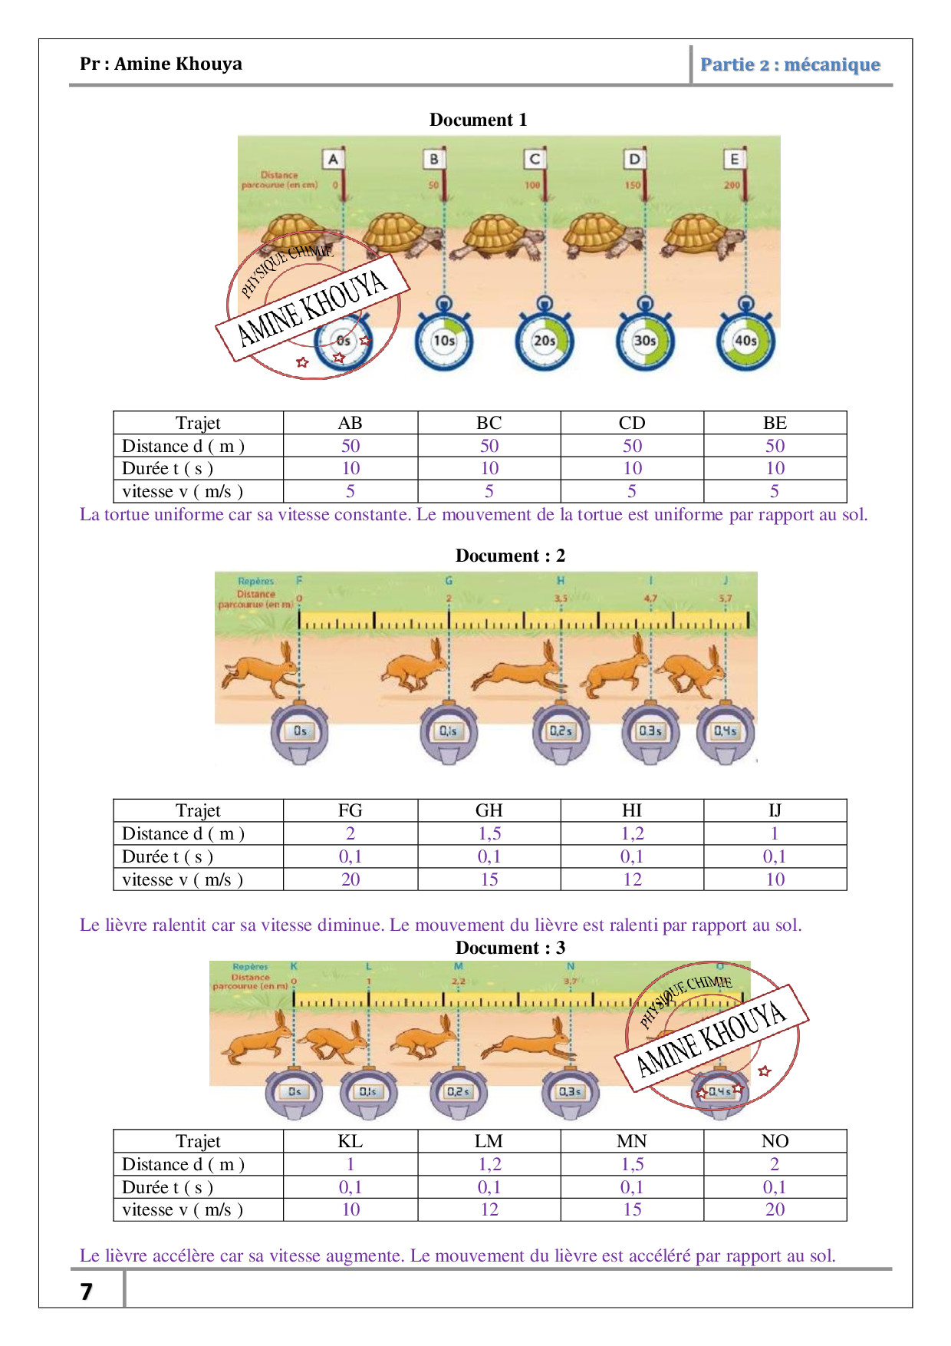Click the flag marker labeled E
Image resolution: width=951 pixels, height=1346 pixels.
coord(734,160)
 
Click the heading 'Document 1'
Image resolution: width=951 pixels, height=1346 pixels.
coord(478,120)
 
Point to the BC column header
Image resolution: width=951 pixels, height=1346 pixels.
coord(489,423)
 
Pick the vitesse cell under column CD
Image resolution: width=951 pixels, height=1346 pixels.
coord(632,491)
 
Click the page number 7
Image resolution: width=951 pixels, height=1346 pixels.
coord(87,1292)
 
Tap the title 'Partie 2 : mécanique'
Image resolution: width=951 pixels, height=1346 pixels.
coord(790,64)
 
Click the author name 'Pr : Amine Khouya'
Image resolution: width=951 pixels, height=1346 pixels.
coord(161,64)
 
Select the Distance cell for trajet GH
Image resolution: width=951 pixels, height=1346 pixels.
coord(489,833)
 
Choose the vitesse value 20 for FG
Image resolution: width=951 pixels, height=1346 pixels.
coord(350,879)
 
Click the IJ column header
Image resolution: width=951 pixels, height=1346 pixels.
coord(775,810)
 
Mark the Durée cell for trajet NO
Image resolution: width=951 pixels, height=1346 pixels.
coord(775,1187)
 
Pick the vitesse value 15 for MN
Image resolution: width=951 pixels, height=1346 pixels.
coord(632,1209)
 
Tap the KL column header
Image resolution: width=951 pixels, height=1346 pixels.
coord(350,1141)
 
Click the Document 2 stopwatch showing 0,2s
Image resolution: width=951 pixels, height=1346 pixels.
coord(561,732)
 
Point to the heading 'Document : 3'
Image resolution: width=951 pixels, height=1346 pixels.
coord(510,948)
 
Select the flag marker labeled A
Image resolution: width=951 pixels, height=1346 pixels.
coord(333,160)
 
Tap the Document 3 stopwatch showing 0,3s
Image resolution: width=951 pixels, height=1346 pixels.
coord(570,1092)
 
